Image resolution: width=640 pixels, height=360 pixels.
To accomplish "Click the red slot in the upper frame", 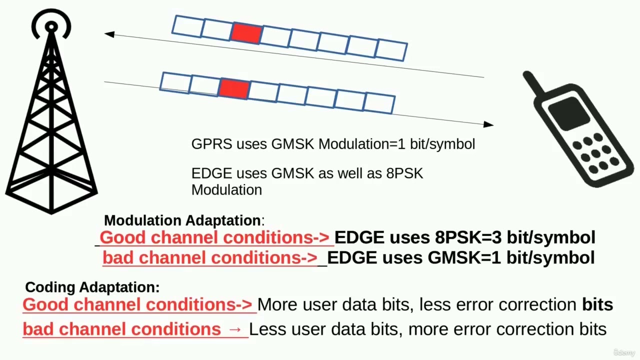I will [x=246, y=33].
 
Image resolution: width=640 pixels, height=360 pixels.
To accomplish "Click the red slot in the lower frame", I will [x=234, y=88].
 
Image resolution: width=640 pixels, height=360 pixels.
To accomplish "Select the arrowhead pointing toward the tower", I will [x=109, y=34].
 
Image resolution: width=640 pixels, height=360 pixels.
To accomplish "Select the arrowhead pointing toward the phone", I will [x=488, y=124].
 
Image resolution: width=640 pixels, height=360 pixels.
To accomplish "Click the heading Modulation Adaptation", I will [x=182, y=220].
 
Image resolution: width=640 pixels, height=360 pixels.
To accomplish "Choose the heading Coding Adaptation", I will [x=92, y=287].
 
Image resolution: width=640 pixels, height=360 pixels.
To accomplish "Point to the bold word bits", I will [x=597, y=304].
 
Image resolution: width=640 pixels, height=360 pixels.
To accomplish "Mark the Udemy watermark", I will [x=624, y=352].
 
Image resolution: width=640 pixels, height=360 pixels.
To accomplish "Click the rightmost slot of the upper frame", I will [x=391, y=50].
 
